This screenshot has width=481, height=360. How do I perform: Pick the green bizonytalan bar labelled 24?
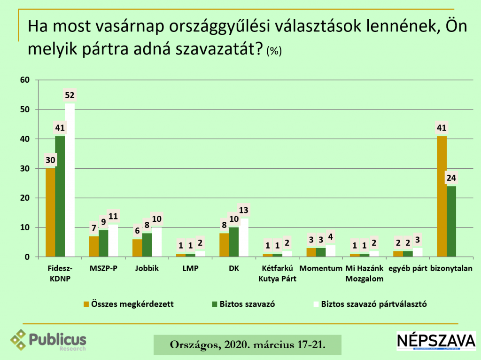(451, 221)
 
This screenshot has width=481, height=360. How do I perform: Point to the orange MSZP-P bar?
(94, 247)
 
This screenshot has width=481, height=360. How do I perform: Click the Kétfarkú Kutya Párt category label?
(279, 273)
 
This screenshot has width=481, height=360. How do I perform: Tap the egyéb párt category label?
(407, 269)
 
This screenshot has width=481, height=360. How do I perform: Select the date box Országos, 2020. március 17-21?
(248, 345)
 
